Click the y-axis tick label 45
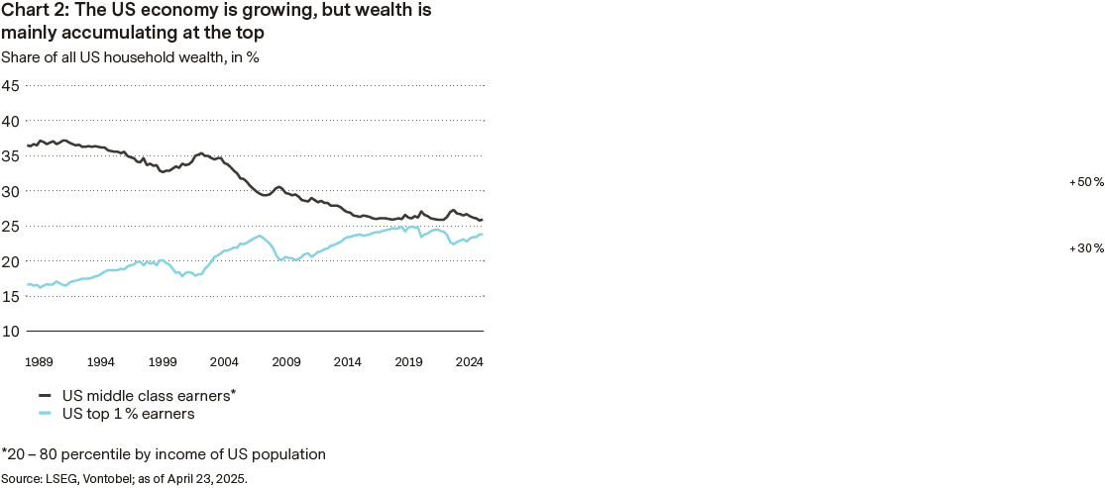pyautogui.click(x=11, y=85)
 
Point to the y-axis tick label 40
pyautogui.click(x=11, y=121)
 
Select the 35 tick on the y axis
pyautogui.click(x=11, y=155)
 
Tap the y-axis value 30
pyautogui.click(x=11, y=191)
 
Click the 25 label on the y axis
pyautogui.click(x=11, y=226)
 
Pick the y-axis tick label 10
pyautogui.click(x=11, y=331)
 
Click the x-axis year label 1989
pyautogui.click(x=40, y=362)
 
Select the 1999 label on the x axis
pyautogui.click(x=164, y=362)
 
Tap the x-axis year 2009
pyautogui.click(x=286, y=362)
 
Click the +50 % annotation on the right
pyautogui.click(x=1086, y=183)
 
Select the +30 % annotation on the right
pyautogui.click(x=1086, y=248)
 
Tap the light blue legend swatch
pyautogui.click(x=45, y=414)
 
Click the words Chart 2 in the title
pyautogui.click(x=33, y=12)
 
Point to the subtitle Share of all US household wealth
pyautogui.click(x=130, y=56)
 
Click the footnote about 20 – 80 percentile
pyautogui.click(x=164, y=454)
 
